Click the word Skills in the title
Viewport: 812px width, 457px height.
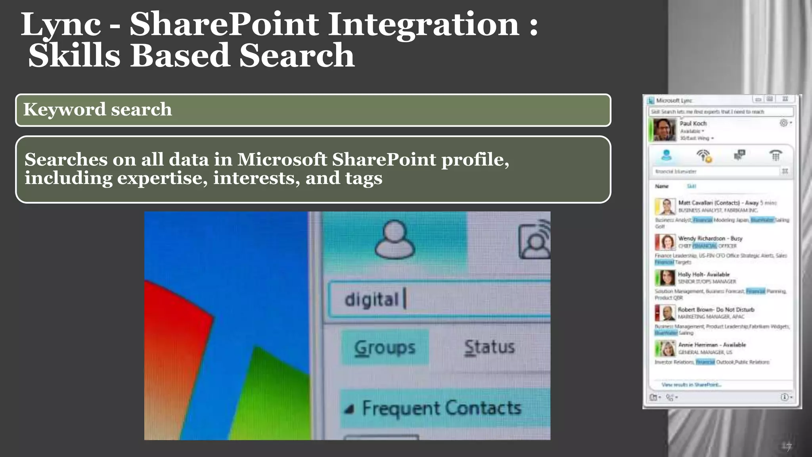pyautogui.click(x=74, y=56)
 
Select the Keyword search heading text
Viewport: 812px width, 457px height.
pyautogui.click(x=98, y=109)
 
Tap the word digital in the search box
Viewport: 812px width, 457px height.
pyautogui.click(x=372, y=300)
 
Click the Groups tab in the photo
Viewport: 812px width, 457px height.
pyautogui.click(x=385, y=348)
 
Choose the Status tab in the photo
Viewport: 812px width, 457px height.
pyautogui.click(x=489, y=347)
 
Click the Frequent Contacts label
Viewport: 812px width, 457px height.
pyautogui.click(x=441, y=408)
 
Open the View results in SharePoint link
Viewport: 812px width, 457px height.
pyautogui.click(x=691, y=385)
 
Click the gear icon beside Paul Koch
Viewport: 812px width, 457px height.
pyautogui.click(x=783, y=123)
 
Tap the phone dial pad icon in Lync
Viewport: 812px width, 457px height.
pyautogui.click(x=776, y=156)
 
